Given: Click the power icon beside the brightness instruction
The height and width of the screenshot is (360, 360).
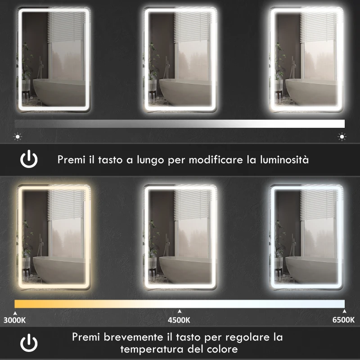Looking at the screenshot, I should click(29, 159).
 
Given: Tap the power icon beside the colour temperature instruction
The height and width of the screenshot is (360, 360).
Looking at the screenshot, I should click(29, 343).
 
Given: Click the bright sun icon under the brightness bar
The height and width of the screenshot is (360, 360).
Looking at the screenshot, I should click(342, 136).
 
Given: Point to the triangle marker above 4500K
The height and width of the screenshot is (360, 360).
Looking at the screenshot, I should click(180, 311).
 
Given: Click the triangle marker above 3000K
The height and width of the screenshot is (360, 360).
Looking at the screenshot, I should click(15, 311).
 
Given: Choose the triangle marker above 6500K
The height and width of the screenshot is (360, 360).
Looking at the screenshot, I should click(344, 311).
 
